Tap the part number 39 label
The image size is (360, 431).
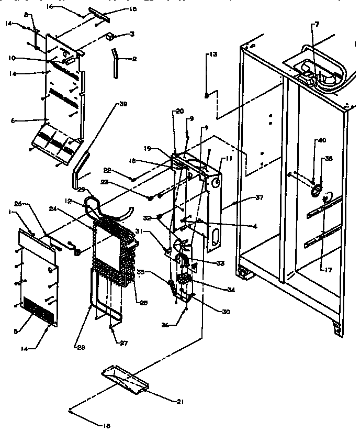(123, 104)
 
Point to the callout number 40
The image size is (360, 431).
(322, 140)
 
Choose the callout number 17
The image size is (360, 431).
(328, 270)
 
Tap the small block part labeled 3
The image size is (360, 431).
(110, 37)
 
